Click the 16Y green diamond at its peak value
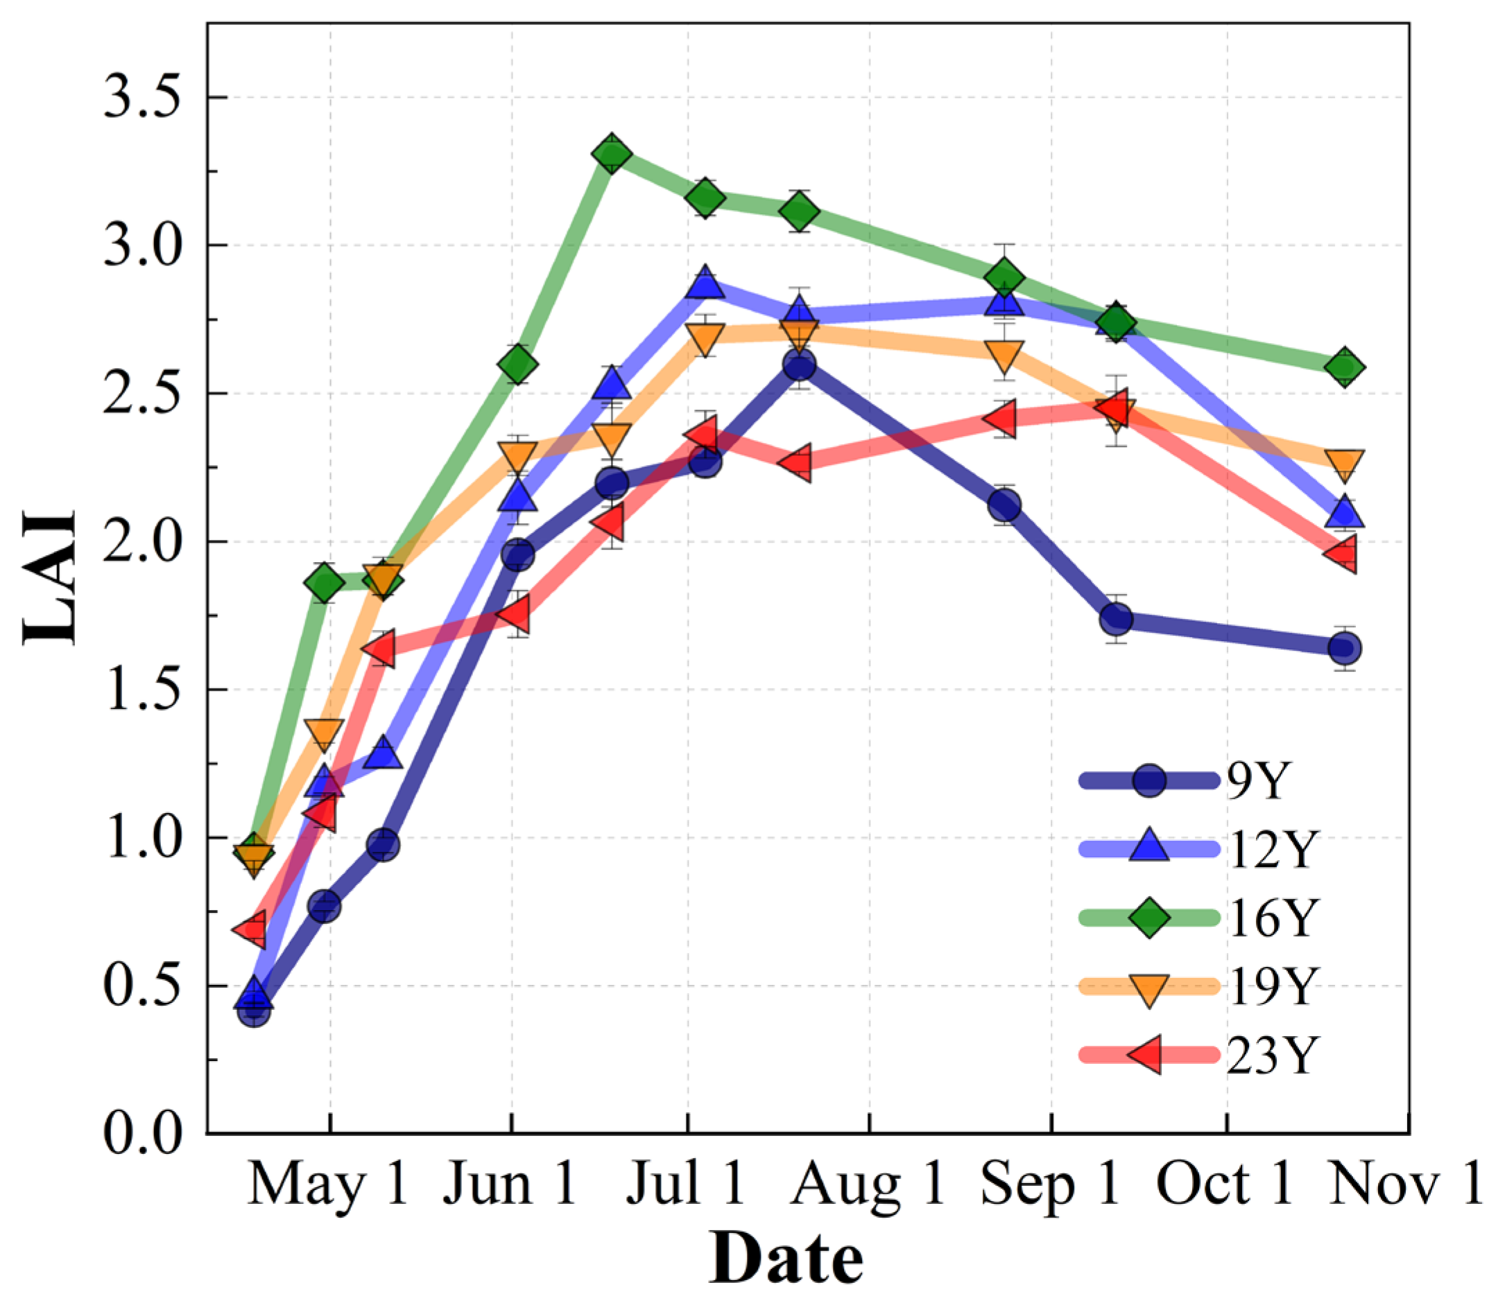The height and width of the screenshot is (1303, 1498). [611, 154]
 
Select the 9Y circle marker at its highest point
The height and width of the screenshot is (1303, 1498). [800, 364]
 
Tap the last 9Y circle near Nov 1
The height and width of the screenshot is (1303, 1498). [1345, 647]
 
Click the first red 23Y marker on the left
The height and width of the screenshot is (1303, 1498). [252, 929]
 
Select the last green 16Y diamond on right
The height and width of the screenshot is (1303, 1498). [1345, 367]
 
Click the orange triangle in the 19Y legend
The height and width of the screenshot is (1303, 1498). [1148, 989]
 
